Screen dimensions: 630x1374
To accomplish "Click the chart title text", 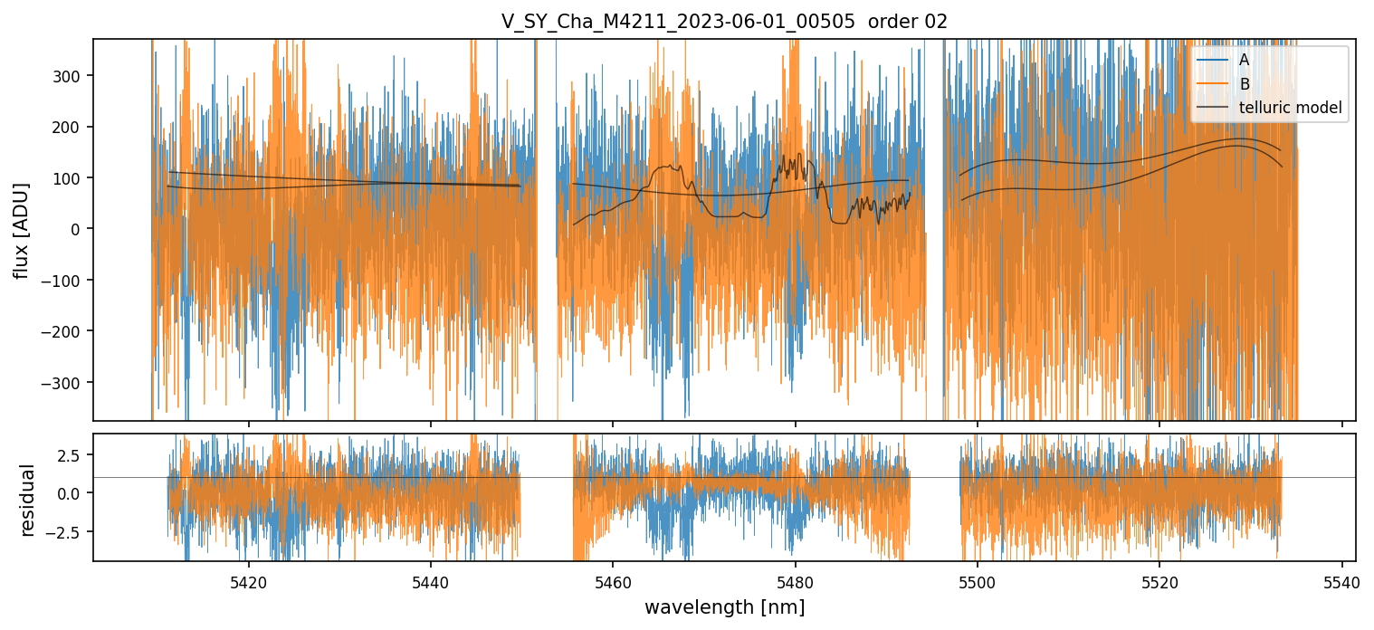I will pyautogui.click(x=724, y=22).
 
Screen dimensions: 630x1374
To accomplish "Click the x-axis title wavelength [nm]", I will pyautogui.click(x=724, y=606).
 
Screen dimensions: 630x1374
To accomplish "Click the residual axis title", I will pyautogui.click(x=28, y=500).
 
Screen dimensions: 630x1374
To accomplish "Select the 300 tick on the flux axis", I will pyautogui.click(x=69, y=76).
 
